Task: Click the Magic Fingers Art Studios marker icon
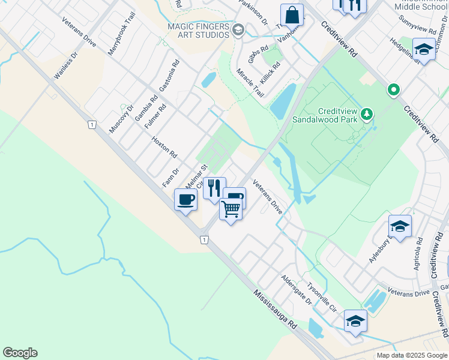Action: (x=238, y=31)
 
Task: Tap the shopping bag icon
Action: (x=292, y=14)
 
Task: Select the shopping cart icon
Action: (x=231, y=209)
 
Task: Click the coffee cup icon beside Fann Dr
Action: (x=185, y=199)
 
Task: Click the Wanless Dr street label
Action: (x=67, y=65)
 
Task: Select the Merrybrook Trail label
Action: (x=118, y=37)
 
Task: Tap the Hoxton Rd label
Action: (x=164, y=146)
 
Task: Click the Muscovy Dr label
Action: (x=121, y=119)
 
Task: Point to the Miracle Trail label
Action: (x=250, y=83)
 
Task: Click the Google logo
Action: (x=20, y=353)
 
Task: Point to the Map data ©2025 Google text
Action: (x=411, y=355)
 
